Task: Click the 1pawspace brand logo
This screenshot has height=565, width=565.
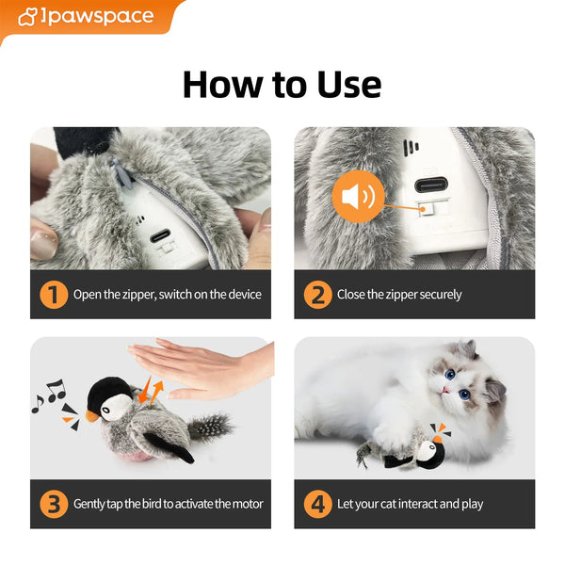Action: pyautogui.click(x=86, y=17)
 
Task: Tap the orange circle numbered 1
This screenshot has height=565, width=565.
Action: pyautogui.click(x=54, y=295)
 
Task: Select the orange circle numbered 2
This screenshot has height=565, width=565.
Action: pyautogui.click(x=318, y=295)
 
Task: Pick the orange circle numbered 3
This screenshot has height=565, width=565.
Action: pyautogui.click(x=54, y=504)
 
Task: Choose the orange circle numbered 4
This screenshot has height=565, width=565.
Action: pyautogui.click(x=318, y=504)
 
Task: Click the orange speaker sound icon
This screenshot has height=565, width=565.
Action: pyautogui.click(x=358, y=197)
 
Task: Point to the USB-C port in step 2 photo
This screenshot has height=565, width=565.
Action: pyautogui.click(x=431, y=185)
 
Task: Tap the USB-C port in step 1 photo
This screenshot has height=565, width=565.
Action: pyautogui.click(x=160, y=235)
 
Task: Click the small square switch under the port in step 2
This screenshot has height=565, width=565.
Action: pyautogui.click(x=426, y=209)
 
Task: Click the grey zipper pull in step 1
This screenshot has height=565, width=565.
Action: pyautogui.click(x=121, y=173)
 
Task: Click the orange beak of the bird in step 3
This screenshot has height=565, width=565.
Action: pyautogui.click(x=91, y=416)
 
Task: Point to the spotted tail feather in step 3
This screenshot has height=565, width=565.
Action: pyautogui.click(x=210, y=427)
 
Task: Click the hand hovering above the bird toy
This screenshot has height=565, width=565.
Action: pyautogui.click(x=202, y=367)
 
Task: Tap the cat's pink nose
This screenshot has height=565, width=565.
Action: pyautogui.click(x=445, y=390)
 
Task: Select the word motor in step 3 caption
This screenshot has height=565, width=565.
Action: pyautogui.click(x=247, y=504)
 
